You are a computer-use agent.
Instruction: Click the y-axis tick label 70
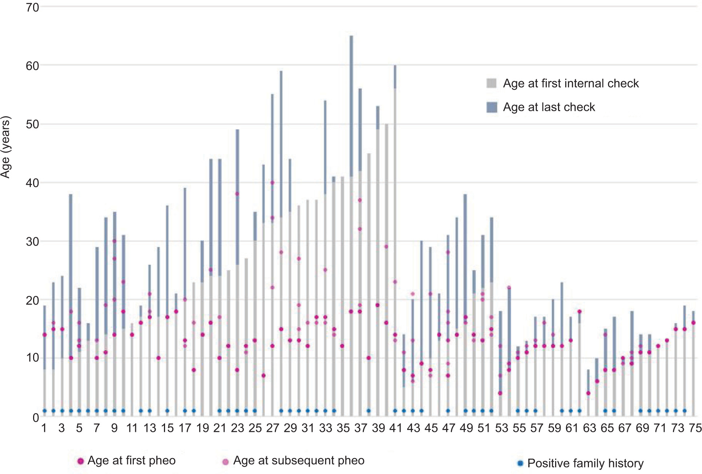pos(32,7)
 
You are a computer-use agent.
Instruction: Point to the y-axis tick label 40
pos(32,183)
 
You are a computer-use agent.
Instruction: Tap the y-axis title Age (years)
pos(6,147)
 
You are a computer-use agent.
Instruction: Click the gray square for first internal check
pos(491,83)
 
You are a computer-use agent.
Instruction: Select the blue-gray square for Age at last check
pos(491,107)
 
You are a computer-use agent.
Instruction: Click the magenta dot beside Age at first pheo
pos(81,461)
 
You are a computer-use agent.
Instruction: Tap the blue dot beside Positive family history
pos(520,463)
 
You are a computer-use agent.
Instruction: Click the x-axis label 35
pos(343,428)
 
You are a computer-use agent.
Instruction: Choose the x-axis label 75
pos(695,428)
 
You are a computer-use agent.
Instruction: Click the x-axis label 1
pos(44,428)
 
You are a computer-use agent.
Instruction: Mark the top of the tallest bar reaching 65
pos(351,36)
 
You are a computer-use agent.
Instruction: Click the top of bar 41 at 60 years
pos(395,66)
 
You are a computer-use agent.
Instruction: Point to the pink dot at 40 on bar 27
pos(272,183)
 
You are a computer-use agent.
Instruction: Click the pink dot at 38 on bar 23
pos(237,194)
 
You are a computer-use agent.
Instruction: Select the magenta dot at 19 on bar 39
pos(377,305)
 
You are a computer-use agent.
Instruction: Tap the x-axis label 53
pos(501,428)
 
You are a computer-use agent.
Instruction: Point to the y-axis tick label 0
pos(36,418)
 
